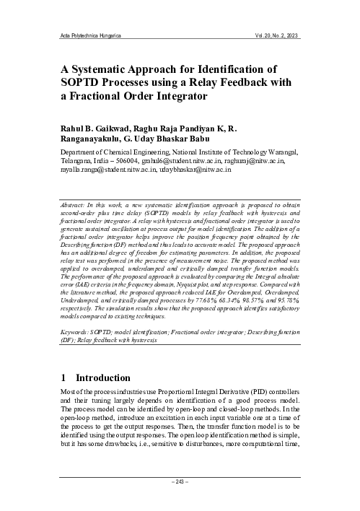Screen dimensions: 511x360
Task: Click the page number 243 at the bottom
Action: coord(180,480)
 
